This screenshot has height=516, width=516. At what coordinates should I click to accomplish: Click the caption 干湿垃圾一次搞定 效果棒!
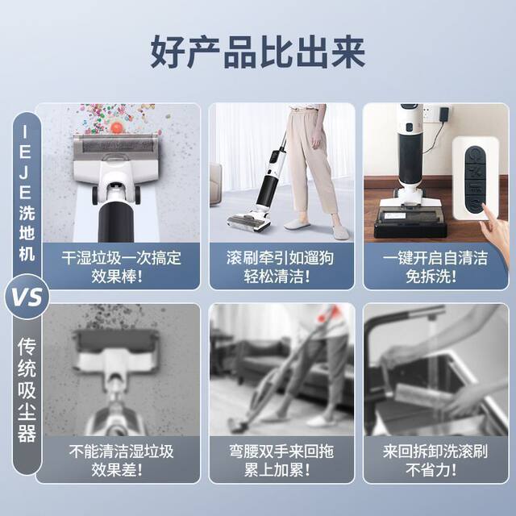[121, 266]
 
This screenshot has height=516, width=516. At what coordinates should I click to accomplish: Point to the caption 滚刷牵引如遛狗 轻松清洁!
[280, 266]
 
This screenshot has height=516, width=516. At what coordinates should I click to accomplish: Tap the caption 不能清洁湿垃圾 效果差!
[121, 460]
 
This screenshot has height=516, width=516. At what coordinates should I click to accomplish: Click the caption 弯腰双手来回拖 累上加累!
[280, 460]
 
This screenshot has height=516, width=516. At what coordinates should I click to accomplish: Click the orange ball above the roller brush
[118, 127]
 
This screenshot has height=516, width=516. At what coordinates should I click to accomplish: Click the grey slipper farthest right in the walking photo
[339, 231]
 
